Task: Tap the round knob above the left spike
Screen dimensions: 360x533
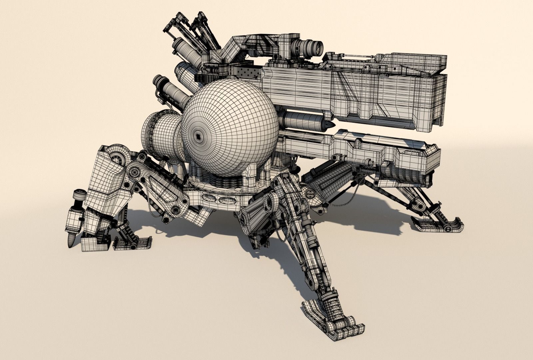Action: click(x=80, y=194)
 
